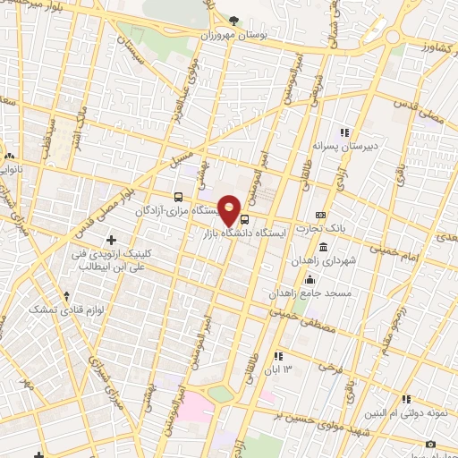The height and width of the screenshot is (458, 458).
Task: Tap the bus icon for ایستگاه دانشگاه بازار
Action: click(x=246, y=217)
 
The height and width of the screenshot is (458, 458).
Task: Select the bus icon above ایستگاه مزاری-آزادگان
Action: click(x=178, y=197)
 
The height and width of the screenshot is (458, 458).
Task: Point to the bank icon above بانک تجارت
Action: click(x=321, y=216)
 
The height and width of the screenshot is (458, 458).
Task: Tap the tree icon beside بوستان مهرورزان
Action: click(x=233, y=20)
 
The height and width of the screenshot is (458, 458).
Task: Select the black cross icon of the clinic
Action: click(x=111, y=240)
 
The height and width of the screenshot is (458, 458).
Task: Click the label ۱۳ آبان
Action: click(x=293, y=369)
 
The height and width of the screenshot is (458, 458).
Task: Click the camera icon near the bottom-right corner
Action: click(x=430, y=445)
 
